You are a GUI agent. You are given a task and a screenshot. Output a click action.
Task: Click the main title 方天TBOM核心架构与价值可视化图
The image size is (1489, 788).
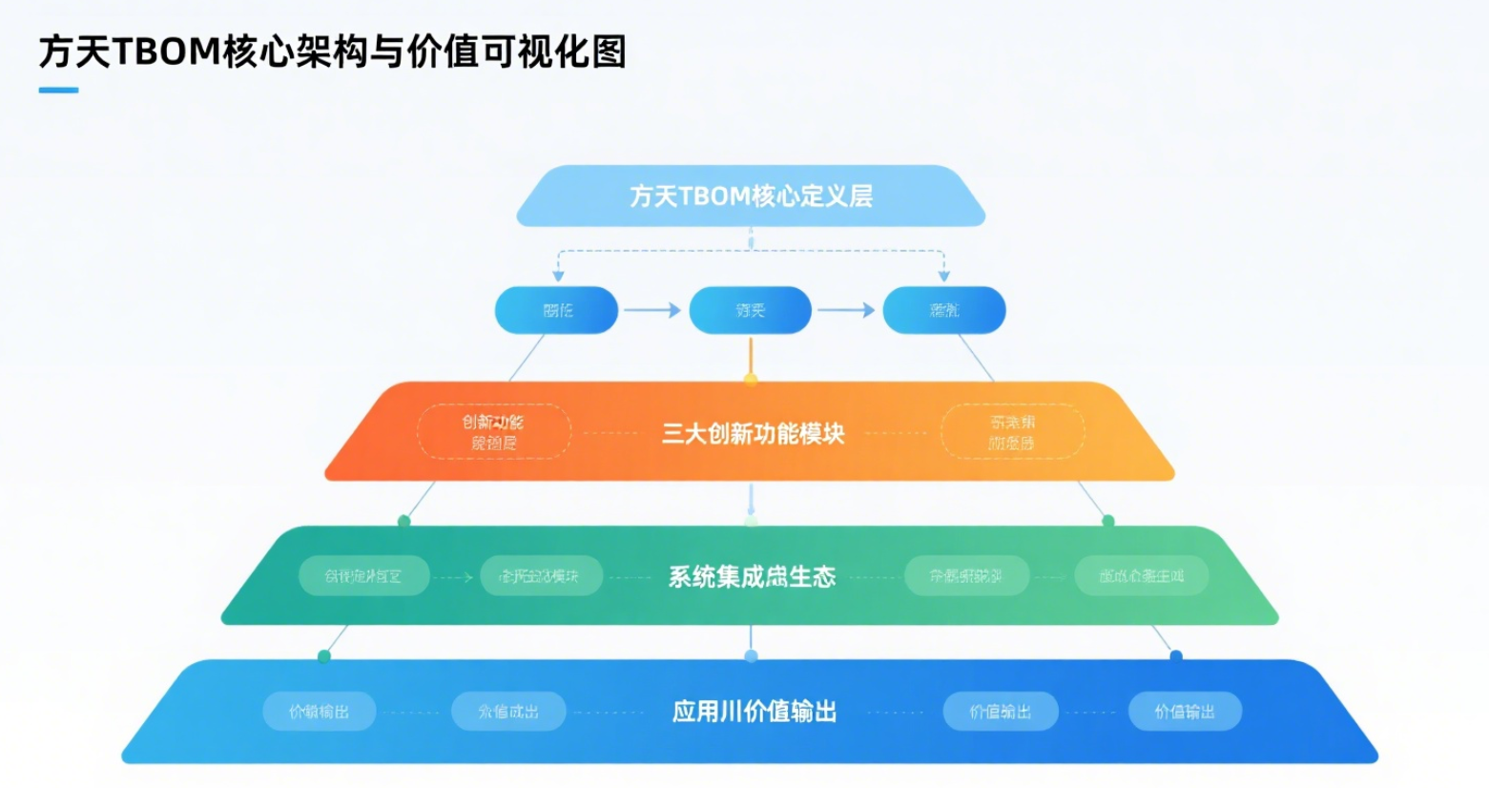pos(332,52)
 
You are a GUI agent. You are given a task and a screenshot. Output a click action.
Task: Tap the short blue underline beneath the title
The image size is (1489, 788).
pos(58,91)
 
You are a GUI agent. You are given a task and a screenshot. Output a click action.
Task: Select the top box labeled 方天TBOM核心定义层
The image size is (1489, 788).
pos(751,196)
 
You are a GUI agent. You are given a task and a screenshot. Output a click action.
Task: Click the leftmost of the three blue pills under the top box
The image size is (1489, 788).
pos(556,310)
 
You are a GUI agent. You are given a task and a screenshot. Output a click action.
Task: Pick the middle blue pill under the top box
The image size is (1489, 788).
pos(751,310)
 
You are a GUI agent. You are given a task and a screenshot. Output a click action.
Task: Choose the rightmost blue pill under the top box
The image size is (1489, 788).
pos(944,310)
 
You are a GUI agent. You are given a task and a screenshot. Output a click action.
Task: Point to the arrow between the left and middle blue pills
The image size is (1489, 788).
pos(652,310)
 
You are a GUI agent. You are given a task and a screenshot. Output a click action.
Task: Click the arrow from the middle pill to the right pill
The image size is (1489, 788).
pos(846,310)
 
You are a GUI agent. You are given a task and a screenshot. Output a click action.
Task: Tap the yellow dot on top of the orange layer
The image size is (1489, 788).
pos(751,380)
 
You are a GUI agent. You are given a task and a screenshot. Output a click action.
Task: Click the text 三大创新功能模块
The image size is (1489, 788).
pos(754,434)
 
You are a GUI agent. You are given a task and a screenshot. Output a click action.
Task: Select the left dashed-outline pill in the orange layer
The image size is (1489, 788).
pos(494,432)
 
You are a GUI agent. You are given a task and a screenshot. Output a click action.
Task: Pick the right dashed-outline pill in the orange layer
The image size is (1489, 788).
pos(1012,432)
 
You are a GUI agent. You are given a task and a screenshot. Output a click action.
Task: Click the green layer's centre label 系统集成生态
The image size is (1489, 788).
pos(752,576)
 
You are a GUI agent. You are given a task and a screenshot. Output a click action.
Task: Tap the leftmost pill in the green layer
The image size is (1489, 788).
pos(363,576)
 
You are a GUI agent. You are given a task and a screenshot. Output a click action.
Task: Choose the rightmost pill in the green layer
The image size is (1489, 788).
pos(1141,576)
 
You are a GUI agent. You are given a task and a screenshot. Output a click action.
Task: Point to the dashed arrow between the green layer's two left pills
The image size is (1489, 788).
pos(454,577)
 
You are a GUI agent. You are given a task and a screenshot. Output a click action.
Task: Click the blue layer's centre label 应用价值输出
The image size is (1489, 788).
pos(754,712)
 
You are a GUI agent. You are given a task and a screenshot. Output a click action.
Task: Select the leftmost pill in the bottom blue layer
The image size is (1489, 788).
pos(319,712)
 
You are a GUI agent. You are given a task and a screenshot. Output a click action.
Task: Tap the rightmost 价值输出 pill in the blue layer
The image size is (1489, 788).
pos(1185,712)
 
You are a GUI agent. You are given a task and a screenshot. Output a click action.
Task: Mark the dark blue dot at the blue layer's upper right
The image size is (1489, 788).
pos(1176,655)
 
